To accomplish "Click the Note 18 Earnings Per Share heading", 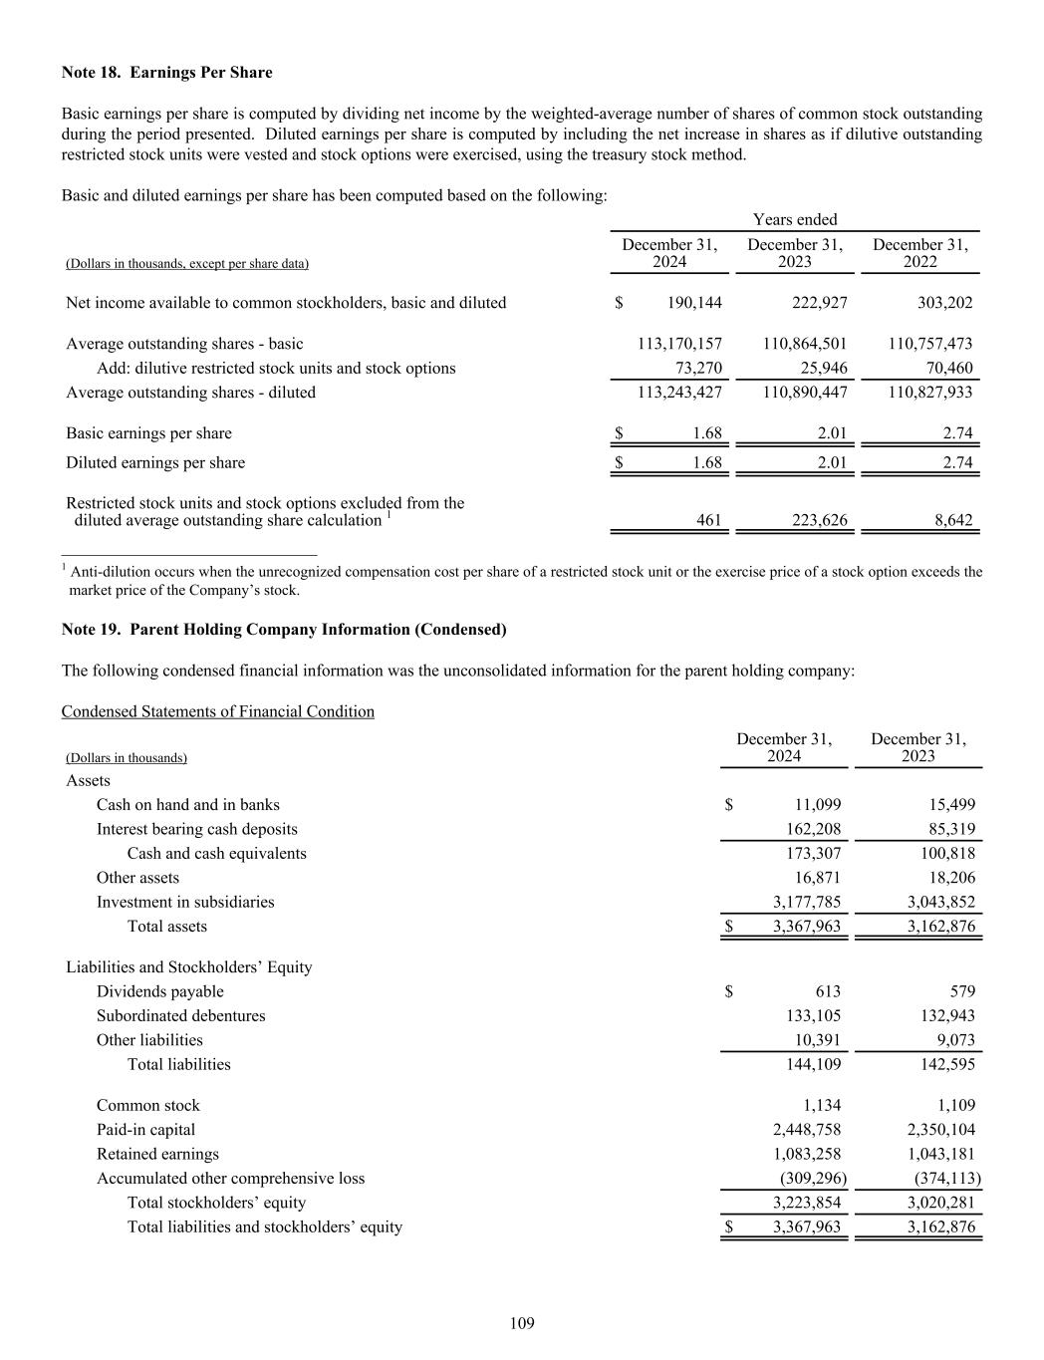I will (x=166, y=73).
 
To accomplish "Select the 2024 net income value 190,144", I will (x=694, y=303).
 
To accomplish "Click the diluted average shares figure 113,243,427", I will (x=679, y=392).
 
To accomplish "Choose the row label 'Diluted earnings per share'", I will (x=155, y=462).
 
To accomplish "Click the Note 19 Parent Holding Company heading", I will (x=284, y=630).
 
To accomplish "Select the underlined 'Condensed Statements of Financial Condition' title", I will (x=218, y=711).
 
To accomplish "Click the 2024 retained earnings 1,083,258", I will (x=807, y=1154).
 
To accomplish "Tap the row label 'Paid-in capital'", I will (x=145, y=1130).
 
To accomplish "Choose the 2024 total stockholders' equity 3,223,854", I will (x=807, y=1203).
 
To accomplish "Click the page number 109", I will (x=522, y=1323).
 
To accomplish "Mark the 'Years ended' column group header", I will (x=795, y=219).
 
